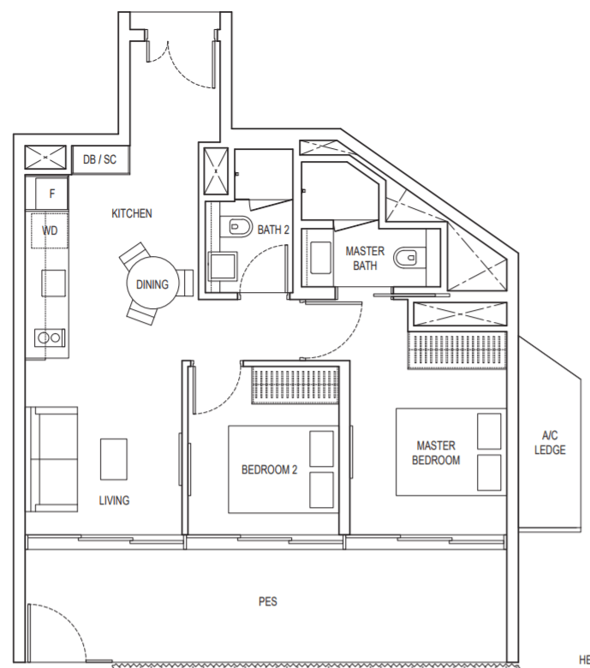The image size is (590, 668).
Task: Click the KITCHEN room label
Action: coord(132,213)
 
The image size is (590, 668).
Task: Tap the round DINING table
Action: coord(152,283)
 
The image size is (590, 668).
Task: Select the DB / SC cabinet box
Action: coord(100,159)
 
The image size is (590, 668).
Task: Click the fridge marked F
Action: coord(51,194)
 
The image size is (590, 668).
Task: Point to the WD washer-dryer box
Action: coord(50,230)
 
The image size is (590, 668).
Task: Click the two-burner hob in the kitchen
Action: coord(50,337)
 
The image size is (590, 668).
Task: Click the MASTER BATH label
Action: coord(365,258)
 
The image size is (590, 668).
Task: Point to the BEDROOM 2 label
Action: coord(269,469)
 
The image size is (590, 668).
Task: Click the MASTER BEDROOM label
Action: coord(436,452)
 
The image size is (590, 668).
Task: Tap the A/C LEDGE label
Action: coord(550,442)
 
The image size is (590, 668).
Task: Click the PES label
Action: coord(267,601)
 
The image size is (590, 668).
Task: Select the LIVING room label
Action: coord(114,500)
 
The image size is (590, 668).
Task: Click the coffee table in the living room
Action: coord(114,459)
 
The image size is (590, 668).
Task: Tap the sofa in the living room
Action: coord(51,459)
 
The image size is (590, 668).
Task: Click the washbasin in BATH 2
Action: coord(222,265)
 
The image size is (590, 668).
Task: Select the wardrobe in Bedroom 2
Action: coord(295,385)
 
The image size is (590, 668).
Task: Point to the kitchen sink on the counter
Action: coord(54,283)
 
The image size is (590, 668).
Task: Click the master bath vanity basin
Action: coord(321,258)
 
